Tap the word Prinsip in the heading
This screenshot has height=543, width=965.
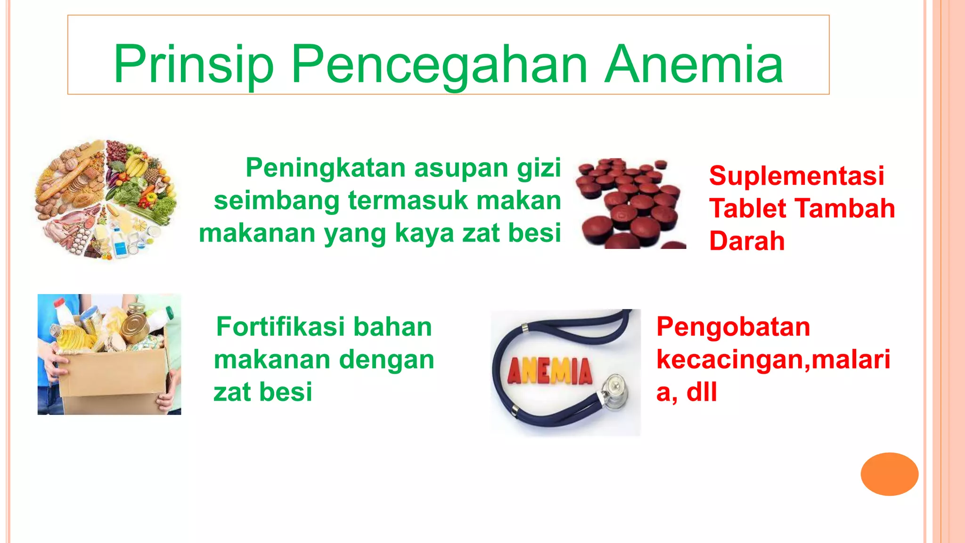193,65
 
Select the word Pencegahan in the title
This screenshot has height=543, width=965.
439,65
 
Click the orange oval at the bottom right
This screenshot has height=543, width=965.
889,474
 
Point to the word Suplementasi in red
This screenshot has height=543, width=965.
796,176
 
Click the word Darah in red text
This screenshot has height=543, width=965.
747,241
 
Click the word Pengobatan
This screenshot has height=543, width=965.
733,327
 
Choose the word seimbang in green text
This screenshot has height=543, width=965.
276,200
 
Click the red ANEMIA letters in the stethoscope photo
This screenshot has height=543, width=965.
549,371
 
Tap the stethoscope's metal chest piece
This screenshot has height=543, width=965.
614,389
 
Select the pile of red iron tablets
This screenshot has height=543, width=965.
630,204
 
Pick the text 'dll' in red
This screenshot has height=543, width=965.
702,392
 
